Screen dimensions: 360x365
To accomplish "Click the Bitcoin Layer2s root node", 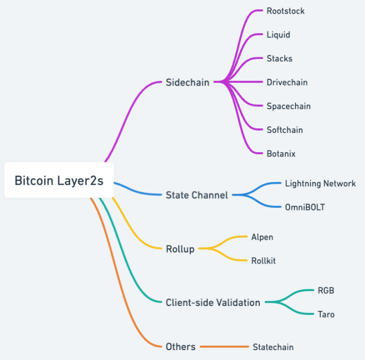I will (x=59, y=180).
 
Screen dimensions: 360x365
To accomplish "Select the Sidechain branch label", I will (x=187, y=83).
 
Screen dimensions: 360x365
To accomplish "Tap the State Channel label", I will (x=197, y=195).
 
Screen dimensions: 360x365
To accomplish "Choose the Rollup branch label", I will (x=180, y=249).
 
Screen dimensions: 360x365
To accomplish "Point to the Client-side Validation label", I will (x=213, y=302).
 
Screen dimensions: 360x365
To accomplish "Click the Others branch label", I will (x=180, y=347).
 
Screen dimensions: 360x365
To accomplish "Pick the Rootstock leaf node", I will (x=286, y=11).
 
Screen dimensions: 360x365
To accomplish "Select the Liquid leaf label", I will (x=278, y=35).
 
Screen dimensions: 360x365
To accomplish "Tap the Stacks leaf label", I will (x=280, y=58).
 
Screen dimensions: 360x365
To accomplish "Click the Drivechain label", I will (x=287, y=82).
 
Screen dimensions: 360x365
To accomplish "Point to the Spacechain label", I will (x=289, y=106).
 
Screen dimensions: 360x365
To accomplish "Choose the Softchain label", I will (x=285, y=130).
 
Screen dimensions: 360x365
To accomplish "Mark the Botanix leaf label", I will (x=281, y=154).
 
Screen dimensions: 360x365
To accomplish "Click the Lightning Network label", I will (x=320, y=184).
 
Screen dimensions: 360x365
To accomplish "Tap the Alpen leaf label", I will (x=262, y=237).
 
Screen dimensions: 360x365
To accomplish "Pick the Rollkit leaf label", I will (x=264, y=261).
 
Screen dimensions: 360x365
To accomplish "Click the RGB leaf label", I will (x=326, y=291).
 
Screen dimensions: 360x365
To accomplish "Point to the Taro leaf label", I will (x=326, y=314).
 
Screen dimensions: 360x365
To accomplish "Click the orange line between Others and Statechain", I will (x=224, y=347).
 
